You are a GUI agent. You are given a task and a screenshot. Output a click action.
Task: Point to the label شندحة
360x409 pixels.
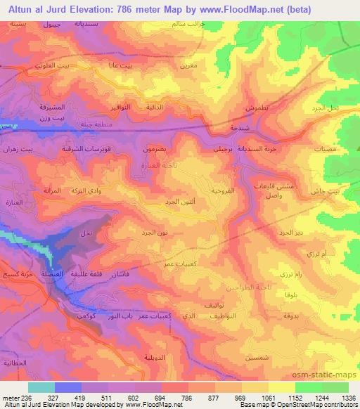tap(221, 129)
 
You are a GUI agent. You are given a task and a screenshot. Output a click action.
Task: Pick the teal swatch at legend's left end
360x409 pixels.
tap(41, 387)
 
